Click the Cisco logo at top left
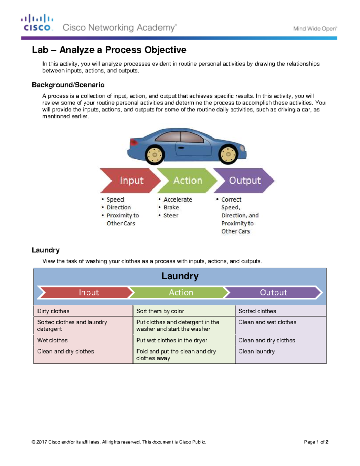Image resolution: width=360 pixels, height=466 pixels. tap(37, 23)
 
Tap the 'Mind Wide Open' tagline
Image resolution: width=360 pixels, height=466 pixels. tap(315, 29)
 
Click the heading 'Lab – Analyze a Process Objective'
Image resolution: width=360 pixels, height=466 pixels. tap(109, 50)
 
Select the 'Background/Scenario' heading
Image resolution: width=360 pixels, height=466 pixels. tap(68, 85)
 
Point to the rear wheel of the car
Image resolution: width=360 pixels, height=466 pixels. tap(155, 155)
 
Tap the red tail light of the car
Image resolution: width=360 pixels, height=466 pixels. tap(133, 142)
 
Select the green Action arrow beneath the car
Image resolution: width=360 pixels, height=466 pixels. tap(187, 180)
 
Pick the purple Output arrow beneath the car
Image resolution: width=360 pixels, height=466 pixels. tap(244, 180)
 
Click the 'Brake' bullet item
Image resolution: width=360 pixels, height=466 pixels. tap(171, 207)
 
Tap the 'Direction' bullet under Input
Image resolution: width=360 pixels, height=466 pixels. tap(118, 207)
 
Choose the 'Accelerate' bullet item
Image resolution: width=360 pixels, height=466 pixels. tap(178, 200)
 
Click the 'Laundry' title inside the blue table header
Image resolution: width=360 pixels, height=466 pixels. tap(180, 276)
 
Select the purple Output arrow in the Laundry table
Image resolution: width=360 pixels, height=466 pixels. tap(273, 293)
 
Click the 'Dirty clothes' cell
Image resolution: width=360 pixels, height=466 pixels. tap(53, 311)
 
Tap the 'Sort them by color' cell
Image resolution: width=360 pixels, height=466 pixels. tap(160, 311)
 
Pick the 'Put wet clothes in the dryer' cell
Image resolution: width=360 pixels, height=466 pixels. tap(172, 340)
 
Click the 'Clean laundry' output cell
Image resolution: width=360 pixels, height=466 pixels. tap(256, 351)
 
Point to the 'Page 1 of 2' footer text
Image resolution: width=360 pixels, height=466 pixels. tap(316, 442)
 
